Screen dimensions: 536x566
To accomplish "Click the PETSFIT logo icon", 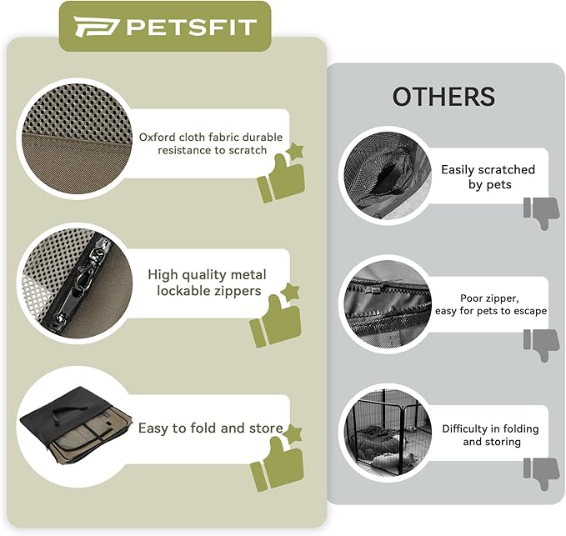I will (x=91, y=27).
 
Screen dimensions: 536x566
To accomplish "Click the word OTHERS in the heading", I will (x=443, y=97).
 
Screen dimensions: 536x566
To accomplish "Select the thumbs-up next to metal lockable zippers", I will (x=276, y=317).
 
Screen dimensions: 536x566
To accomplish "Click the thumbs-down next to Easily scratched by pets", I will (x=541, y=213).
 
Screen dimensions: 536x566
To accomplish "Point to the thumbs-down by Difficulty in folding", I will (x=541, y=473).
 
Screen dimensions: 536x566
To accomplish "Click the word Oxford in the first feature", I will (x=159, y=137).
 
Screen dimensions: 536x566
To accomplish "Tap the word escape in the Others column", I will (x=526, y=311).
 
